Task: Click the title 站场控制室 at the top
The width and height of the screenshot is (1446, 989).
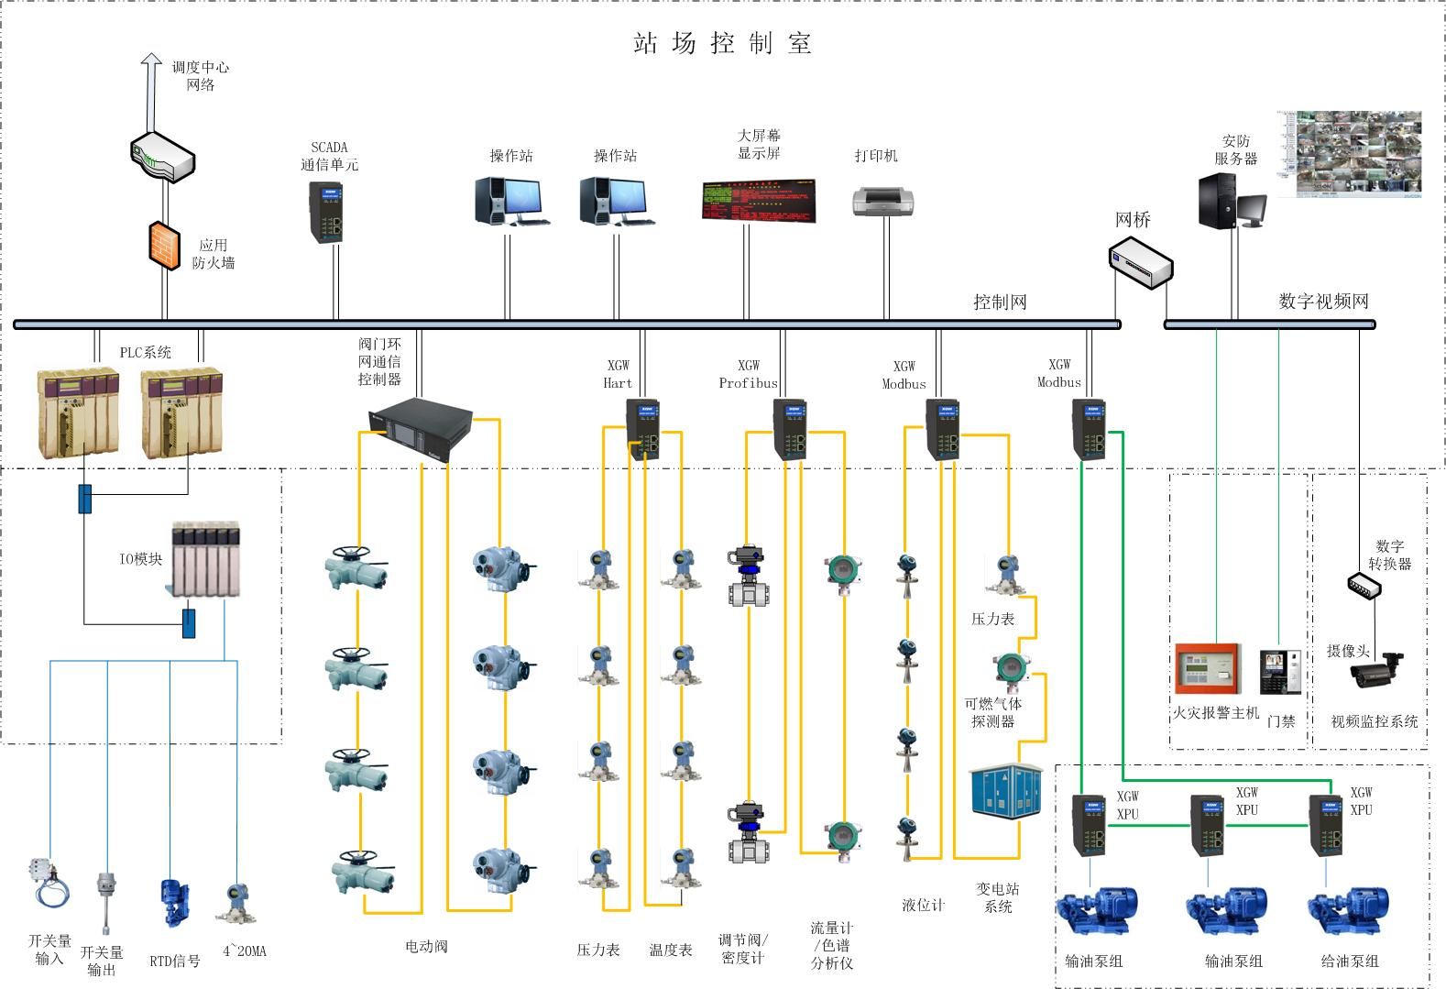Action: pos(722,43)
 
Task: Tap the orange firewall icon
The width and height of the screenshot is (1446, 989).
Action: pos(165,245)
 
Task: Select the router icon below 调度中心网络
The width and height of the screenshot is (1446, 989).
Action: pos(162,157)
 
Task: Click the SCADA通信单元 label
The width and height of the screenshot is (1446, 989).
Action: pos(329,156)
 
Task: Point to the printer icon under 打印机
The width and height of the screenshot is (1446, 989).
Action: pos(883,200)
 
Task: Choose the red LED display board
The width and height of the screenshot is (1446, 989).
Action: pos(758,201)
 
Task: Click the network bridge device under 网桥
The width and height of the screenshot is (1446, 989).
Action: pos(1140,262)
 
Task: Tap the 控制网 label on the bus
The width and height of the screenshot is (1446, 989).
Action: pos(999,302)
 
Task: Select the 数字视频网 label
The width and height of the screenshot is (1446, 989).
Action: pos(1322,301)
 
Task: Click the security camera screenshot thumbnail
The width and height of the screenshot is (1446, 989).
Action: pos(1349,154)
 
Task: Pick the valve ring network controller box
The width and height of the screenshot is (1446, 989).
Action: pos(417,431)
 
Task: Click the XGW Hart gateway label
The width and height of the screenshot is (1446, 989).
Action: pos(618,374)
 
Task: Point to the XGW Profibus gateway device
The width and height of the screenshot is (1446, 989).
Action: pos(790,428)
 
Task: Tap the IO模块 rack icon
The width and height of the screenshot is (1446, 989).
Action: pos(206,558)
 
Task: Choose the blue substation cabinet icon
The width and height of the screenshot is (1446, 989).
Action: pos(1007,789)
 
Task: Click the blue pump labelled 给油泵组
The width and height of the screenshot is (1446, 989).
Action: pos(1348,912)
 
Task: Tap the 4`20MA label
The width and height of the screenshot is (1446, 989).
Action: pos(245,951)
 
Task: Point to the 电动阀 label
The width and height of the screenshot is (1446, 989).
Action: pos(426,946)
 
